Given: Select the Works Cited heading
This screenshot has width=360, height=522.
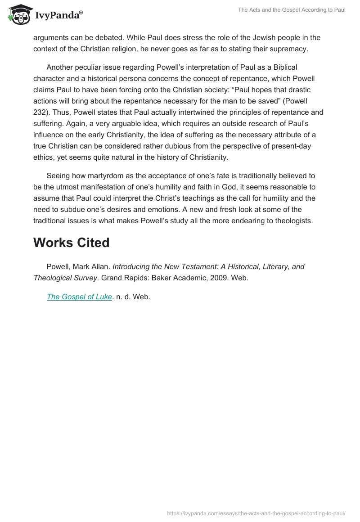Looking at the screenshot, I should click(71, 243).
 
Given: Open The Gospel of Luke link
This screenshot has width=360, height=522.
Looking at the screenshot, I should click(79, 297).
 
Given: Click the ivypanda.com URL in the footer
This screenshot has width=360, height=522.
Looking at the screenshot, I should click(255, 513).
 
